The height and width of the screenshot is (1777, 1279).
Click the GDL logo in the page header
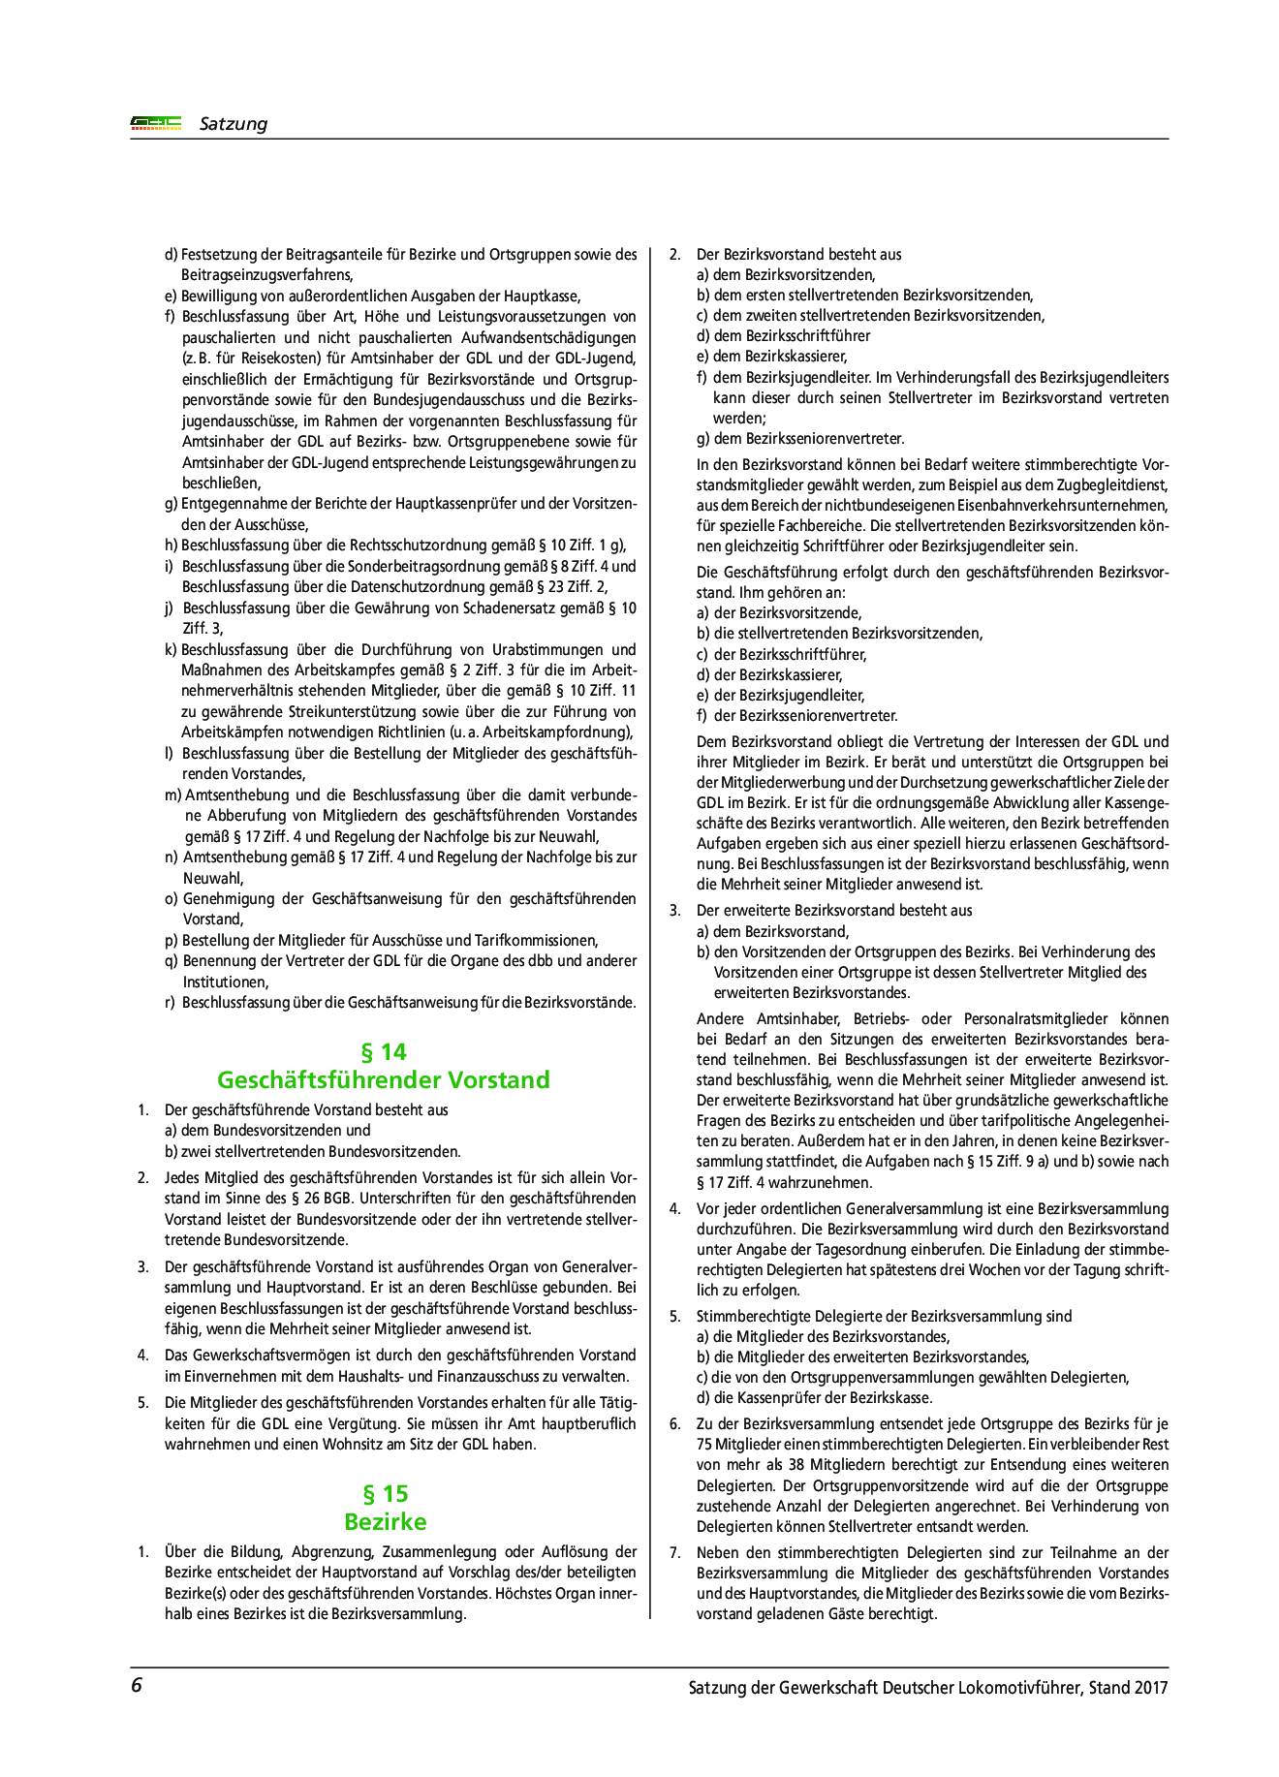pos(156,123)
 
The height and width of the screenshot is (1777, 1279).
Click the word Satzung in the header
pos(233,124)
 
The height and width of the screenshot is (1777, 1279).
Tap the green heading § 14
pos(383,1051)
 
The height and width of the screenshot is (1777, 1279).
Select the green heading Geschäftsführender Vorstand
pos(383,1079)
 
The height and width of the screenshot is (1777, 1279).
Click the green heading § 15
pos(385,1493)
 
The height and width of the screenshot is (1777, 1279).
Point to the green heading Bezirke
pos(385,1521)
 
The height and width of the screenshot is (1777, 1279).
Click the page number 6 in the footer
pos(137,1685)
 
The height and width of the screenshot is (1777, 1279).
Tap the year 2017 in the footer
pos(1151,1687)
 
